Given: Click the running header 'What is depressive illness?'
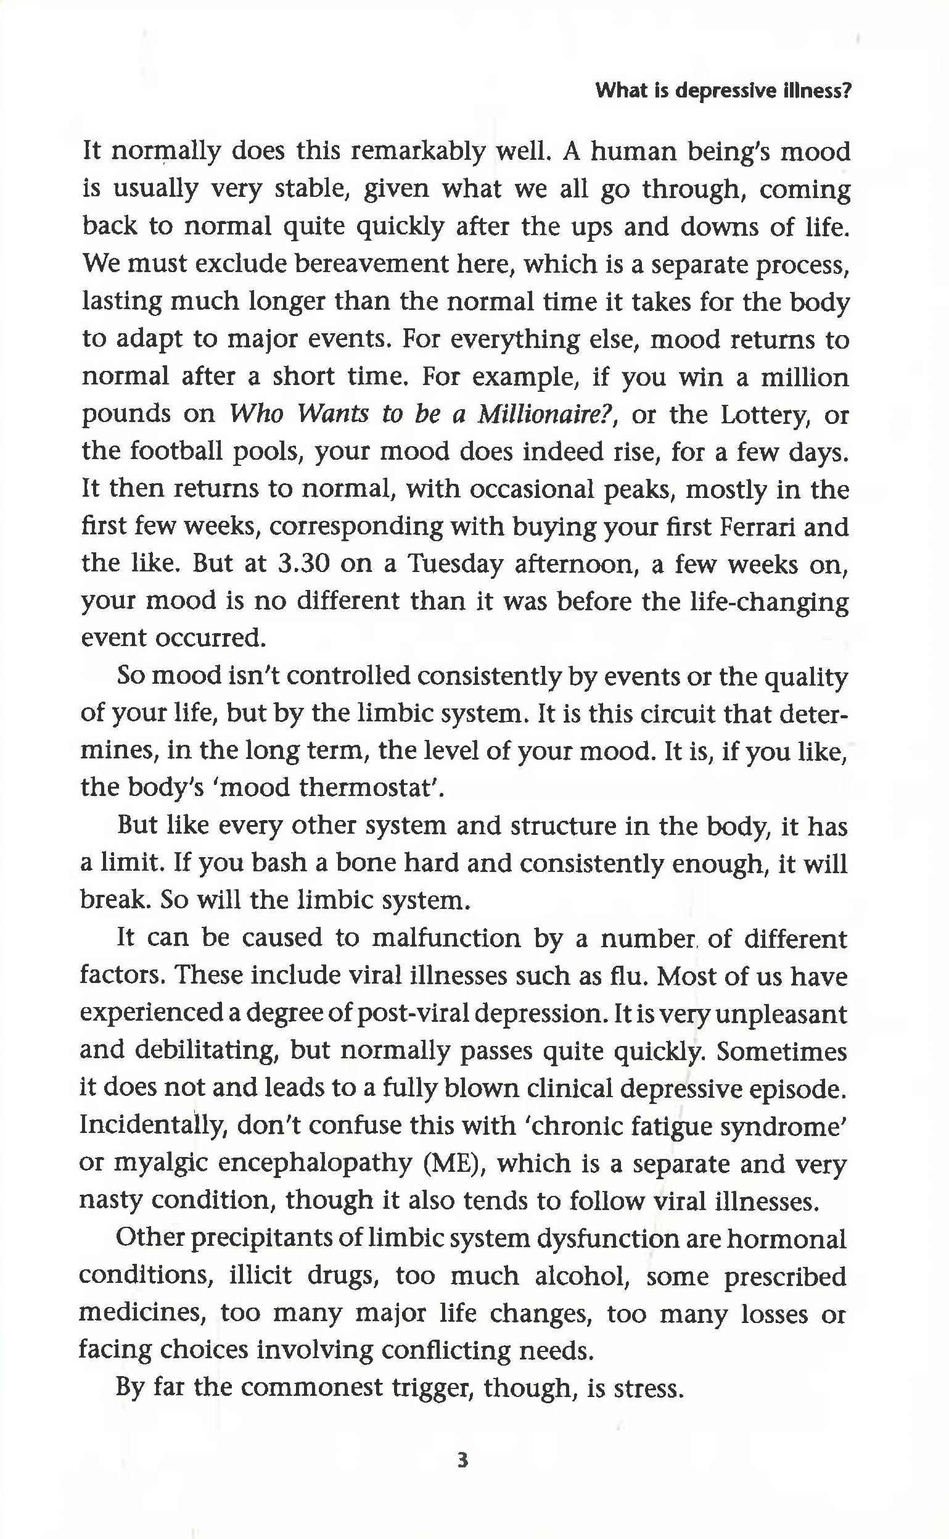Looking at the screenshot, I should coord(723,92).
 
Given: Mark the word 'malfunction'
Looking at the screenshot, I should coord(447,938).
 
